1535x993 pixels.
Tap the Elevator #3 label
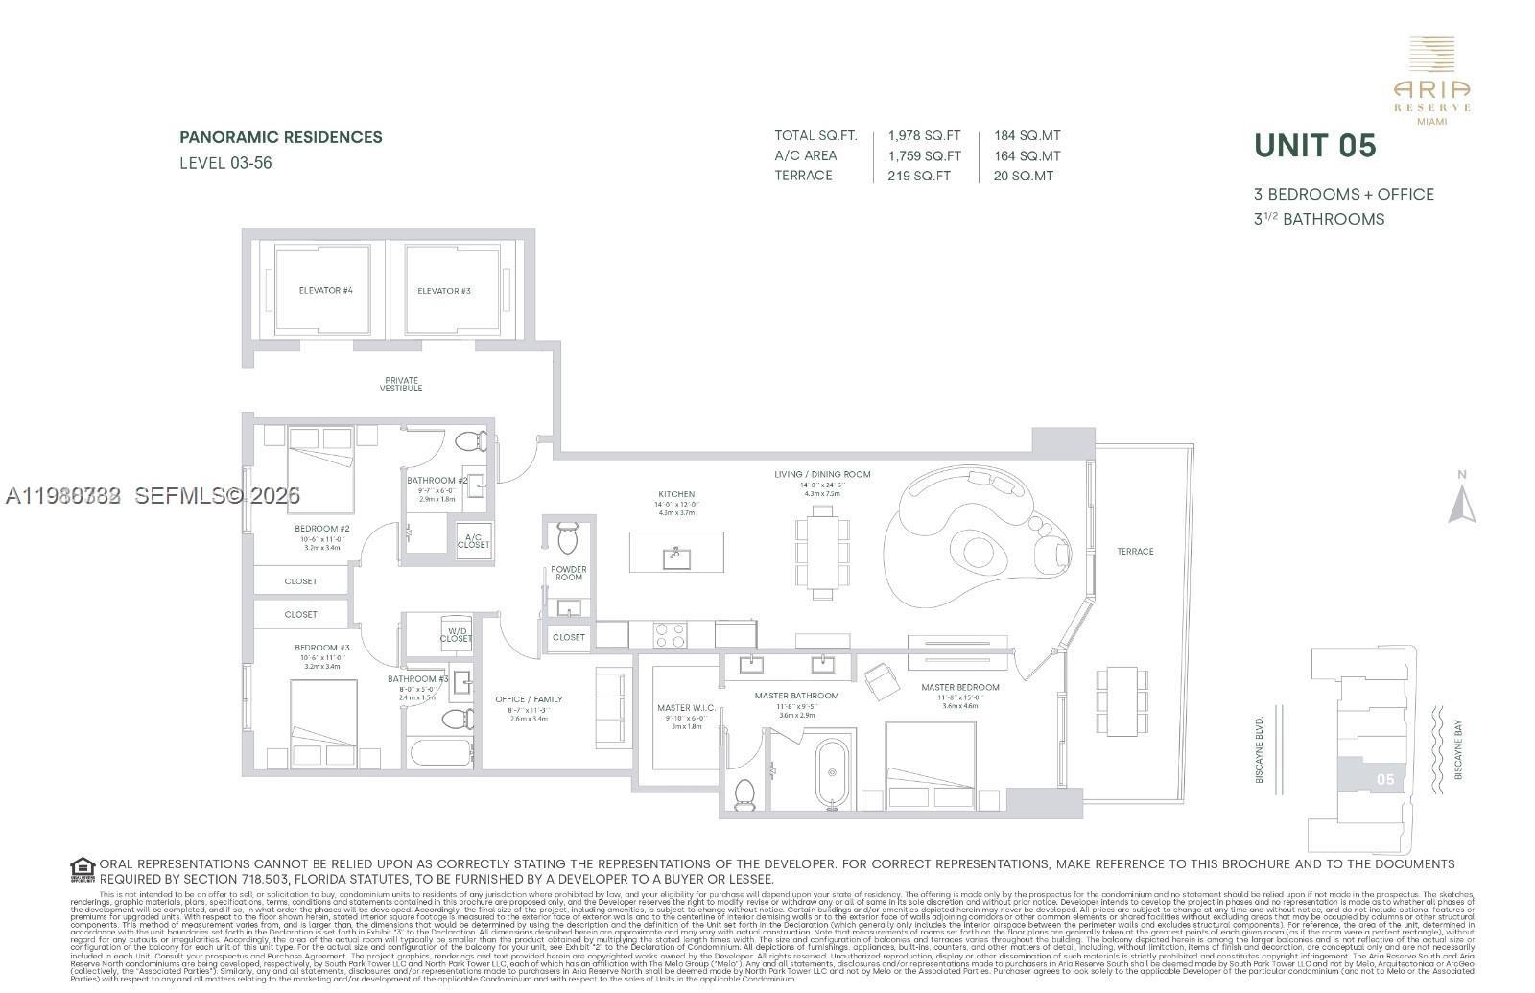click(x=444, y=290)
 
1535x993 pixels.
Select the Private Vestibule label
click(x=401, y=385)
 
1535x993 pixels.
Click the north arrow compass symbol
click(x=1461, y=503)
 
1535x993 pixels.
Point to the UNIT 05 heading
click(x=1315, y=146)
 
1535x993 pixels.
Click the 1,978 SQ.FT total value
click(x=924, y=136)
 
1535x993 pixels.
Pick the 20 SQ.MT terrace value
click(x=1024, y=176)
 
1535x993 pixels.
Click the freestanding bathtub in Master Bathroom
click(x=832, y=773)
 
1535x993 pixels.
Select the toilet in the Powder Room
click(x=567, y=537)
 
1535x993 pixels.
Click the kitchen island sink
click(x=676, y=554)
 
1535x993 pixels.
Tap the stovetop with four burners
click(x=670, y=633)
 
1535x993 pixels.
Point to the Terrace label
click(x=1135, y=552)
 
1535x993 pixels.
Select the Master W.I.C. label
click(x=687, y=709)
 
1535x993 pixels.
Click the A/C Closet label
click(x=473, y=541)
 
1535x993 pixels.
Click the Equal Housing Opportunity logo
click(x=83, y=870)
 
